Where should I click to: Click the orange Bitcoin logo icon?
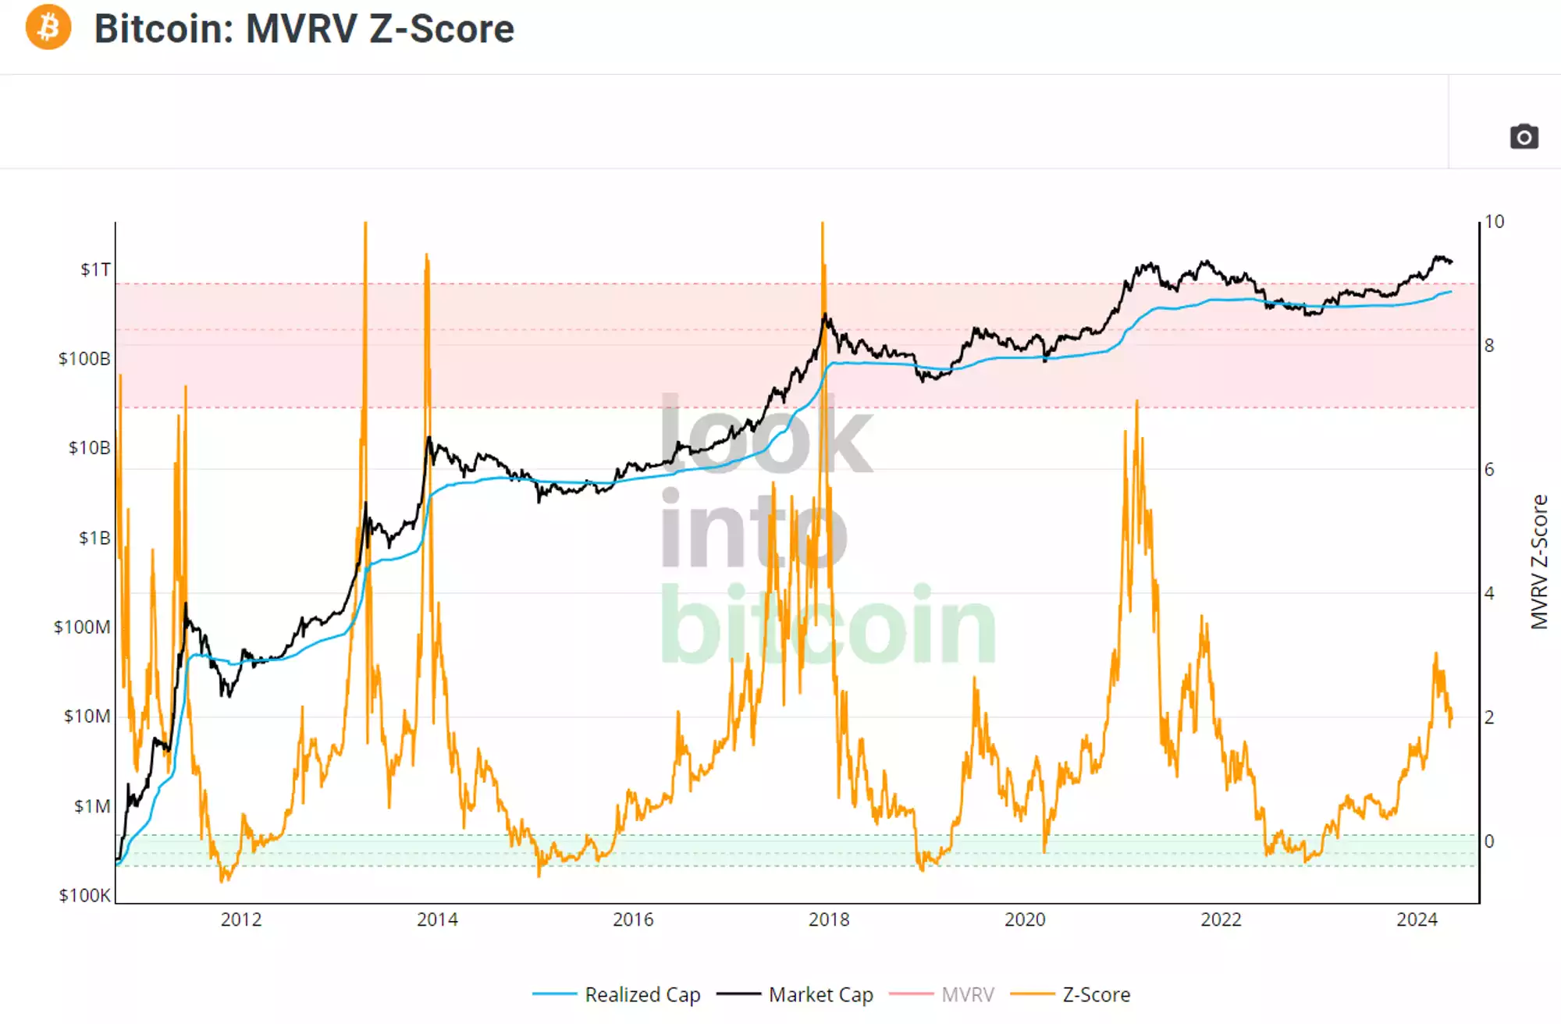point(48,27)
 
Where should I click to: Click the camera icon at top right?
point(1524,137)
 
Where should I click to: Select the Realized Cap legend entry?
point(642,994)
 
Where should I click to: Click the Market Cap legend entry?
point(820,994)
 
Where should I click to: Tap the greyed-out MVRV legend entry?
point(967,994)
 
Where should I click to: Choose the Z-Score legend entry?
point(1095,994)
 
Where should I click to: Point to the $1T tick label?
point(95,269)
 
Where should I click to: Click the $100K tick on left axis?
point(84,895)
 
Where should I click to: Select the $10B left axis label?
point(89,448)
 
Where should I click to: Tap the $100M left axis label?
point(82,627)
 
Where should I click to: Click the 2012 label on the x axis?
point(240,919)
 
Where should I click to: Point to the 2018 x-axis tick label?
point(829,919)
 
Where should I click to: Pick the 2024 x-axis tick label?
point(1417,919)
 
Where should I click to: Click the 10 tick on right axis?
point(1494,222)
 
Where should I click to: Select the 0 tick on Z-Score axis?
point(1489,841)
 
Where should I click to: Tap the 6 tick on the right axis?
point(1489,469)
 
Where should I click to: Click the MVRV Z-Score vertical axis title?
point(1538,561)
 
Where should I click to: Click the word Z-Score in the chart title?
point(442,29)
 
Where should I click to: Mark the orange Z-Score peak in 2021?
point(1136,403)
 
